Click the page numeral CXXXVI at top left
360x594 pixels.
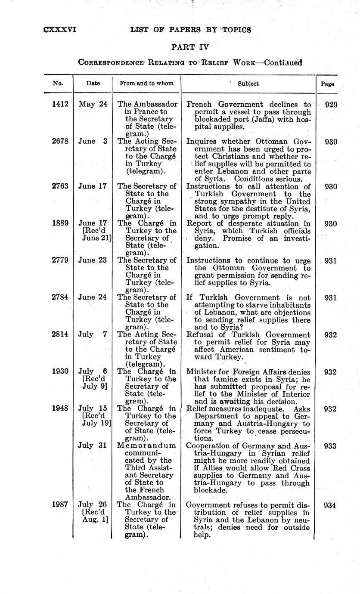60,30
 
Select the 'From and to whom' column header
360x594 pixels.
146,84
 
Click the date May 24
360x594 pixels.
93,104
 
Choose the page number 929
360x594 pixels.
331,104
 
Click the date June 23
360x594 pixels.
93,260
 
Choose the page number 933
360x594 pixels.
331,446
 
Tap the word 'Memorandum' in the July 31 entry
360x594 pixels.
147,445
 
